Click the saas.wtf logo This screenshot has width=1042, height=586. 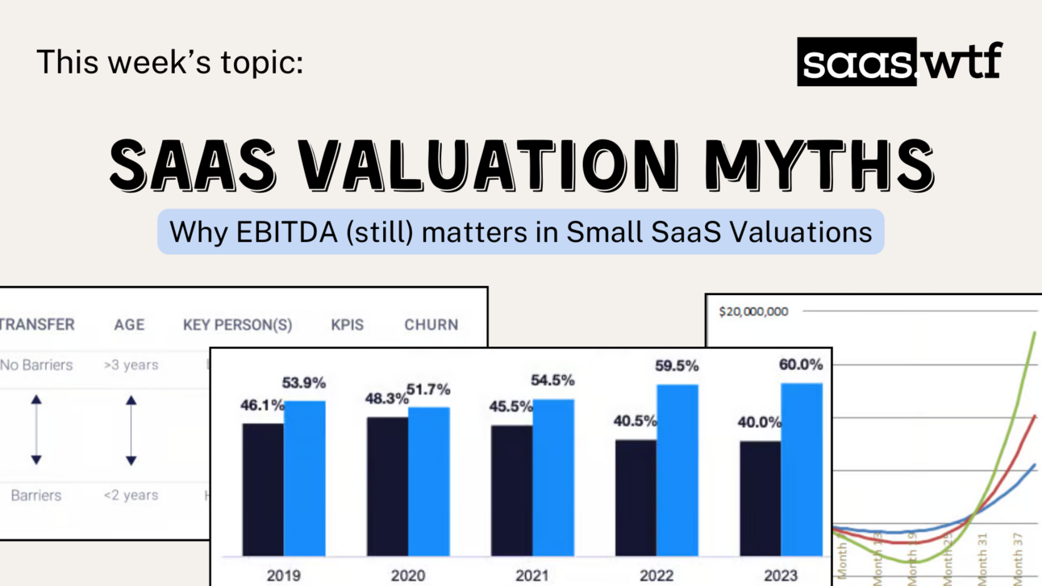[x=898, y=62]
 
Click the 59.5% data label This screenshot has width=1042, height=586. [x=677, y=366]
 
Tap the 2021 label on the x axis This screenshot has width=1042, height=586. [x=532, y=576]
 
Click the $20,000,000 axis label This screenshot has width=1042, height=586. [x=753, y=312]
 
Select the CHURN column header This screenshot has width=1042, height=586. [x=431, y=325]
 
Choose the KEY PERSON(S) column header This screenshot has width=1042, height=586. [x=237, y=325]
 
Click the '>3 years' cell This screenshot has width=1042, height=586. [x=131, y=365]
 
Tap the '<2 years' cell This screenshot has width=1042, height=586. [x=131, y=495]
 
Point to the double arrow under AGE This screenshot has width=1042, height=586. [x=131, y=430]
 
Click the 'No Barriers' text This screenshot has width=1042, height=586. [x=36, y=365]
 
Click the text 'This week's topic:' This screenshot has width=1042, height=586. [x=169, y=62]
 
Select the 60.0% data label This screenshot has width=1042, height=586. [x=801, y=365]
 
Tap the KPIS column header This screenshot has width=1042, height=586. [x=347, y=325]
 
